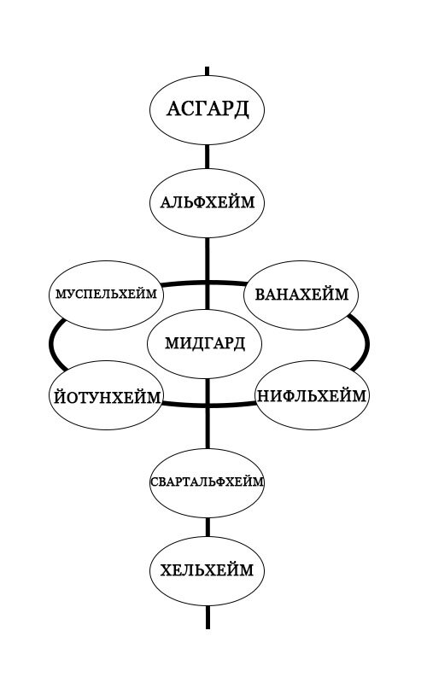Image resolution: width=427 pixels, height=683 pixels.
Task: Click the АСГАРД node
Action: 207,110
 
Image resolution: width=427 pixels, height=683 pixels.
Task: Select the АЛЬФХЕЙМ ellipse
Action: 207,203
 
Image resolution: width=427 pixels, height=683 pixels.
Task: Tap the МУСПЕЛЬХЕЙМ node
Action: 106,295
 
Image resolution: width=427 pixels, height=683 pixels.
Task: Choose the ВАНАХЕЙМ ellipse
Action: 301,295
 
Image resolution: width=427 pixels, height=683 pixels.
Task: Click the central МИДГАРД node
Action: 205,344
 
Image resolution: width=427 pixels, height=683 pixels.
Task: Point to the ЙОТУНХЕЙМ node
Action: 107,395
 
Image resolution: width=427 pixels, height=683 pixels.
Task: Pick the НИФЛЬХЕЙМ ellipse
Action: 312,395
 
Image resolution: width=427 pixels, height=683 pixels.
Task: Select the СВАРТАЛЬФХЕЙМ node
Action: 207,483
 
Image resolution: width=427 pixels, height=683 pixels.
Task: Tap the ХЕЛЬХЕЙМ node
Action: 207,571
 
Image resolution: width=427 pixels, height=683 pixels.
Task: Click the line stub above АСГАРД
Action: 207,72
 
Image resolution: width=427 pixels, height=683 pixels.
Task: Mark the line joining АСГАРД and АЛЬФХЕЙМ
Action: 207,157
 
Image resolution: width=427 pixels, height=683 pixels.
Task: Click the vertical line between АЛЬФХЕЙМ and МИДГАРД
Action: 207,273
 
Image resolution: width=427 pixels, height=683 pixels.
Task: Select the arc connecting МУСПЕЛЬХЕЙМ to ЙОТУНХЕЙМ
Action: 51,344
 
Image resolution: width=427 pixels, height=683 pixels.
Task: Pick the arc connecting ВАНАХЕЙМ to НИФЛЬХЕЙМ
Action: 367,344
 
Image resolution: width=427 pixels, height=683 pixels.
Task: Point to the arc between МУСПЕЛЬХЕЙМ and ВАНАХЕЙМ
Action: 203,283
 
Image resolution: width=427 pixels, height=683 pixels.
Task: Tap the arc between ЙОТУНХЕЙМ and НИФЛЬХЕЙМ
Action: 209,406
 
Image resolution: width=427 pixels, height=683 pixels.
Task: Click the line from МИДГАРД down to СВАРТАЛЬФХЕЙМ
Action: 208,413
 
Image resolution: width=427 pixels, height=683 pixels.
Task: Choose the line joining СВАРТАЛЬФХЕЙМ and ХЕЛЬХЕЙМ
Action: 208,527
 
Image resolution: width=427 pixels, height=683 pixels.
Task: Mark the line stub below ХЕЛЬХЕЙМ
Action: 208,616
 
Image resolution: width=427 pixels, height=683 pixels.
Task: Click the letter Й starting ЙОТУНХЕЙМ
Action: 60,396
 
